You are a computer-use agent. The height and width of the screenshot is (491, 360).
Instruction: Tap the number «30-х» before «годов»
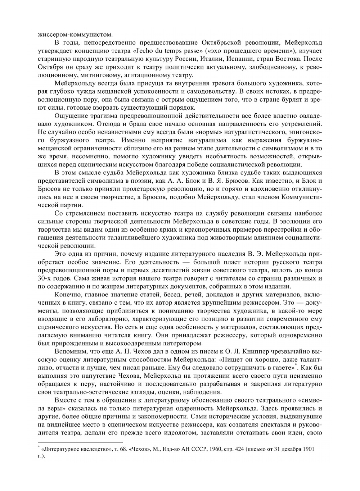45,278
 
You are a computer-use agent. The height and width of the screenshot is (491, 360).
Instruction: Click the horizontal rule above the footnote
80,443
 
